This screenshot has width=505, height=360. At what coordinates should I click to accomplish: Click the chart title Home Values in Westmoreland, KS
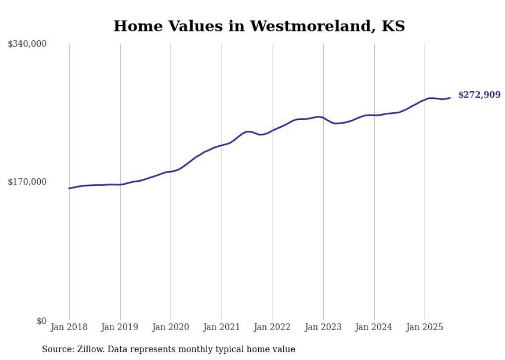(x=259, y=26)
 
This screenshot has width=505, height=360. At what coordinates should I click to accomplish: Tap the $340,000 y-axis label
(x=27, y=44)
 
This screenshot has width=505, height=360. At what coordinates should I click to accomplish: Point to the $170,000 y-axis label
(x=27, y=182)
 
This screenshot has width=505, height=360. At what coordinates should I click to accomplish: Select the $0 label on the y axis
(x=41, y=321)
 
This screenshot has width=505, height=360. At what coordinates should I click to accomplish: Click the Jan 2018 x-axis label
(x=69, y=327)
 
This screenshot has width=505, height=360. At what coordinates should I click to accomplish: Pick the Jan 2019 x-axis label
(x=120, y=327)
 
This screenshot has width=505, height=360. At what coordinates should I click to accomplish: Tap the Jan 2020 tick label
(x=171, y=327)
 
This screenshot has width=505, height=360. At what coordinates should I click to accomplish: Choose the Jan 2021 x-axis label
(x=222, y=327)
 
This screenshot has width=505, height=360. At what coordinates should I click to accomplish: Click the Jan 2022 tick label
(x=273, y=327)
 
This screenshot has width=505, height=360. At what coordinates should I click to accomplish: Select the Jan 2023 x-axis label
(x=323, y=327)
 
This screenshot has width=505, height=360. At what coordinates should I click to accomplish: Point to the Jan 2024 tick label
(x=374, y=327)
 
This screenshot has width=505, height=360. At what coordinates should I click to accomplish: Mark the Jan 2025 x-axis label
(x=425, y=327)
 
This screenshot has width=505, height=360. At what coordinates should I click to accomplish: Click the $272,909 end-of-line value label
(x=479, y=95)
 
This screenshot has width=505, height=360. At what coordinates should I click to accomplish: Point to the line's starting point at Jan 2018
(x=69, y=188)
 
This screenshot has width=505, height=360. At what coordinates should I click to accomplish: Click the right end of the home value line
(x=450, y=98)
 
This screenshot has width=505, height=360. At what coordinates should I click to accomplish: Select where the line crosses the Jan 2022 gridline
(x=273, y=130)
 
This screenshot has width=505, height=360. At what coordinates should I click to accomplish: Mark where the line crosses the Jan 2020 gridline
(x=171, y=172)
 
